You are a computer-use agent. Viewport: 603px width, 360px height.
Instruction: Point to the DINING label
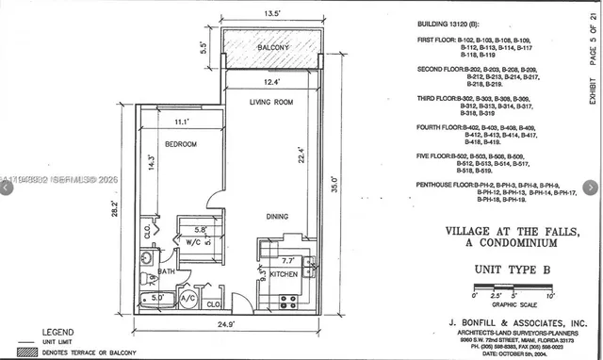point(276,217)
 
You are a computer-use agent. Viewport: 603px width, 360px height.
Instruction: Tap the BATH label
point(165,271)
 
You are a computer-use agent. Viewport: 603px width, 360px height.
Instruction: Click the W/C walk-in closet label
point(192,240)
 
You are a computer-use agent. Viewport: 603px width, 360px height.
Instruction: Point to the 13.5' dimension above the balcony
point(271,14)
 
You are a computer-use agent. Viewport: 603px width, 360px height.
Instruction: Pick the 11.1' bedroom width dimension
point(181,122)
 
